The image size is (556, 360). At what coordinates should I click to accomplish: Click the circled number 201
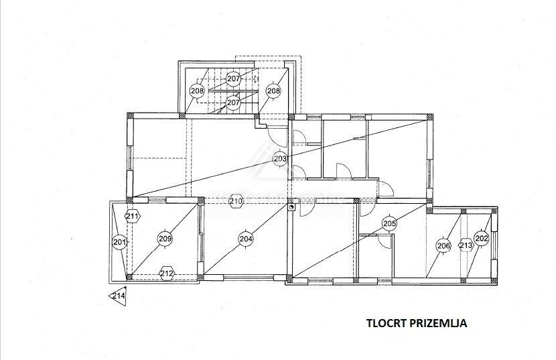[x=119, y=242]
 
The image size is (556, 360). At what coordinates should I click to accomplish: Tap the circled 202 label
[x=481, y=238]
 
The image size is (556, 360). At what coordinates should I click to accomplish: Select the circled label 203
[x=281, y=159]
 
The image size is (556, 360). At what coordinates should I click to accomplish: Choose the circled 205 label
[x=389, y=223]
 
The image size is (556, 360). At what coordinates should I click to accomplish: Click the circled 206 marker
[x=443, y=246]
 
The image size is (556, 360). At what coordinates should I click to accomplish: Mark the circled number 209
[x=165, y=237]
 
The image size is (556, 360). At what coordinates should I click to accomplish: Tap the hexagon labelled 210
[x=235, y=200]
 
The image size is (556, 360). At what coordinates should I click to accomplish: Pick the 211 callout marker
[x=133, y=216]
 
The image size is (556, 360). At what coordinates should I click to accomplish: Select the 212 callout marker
[x=167, y=273]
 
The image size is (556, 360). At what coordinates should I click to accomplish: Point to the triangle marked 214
[x=119, y=296]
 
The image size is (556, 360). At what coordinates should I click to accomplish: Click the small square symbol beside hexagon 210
[x=291, y=208]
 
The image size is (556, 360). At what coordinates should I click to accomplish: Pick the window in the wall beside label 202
[x=496, y=244]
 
